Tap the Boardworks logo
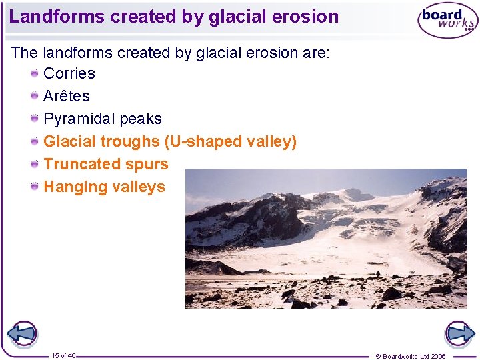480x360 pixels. tap(447, 21)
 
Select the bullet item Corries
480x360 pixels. tap(69, 73)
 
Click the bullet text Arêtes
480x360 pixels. tap(67, 96)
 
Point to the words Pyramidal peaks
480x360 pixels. tap(103, 119)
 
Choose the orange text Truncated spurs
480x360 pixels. tap(106, 164)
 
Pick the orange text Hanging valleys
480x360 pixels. tap(104, 187)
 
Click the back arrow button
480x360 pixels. tap(22, 333)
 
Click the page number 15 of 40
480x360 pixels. tap(63, 355)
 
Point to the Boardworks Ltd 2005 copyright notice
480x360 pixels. tap(420, 356)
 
